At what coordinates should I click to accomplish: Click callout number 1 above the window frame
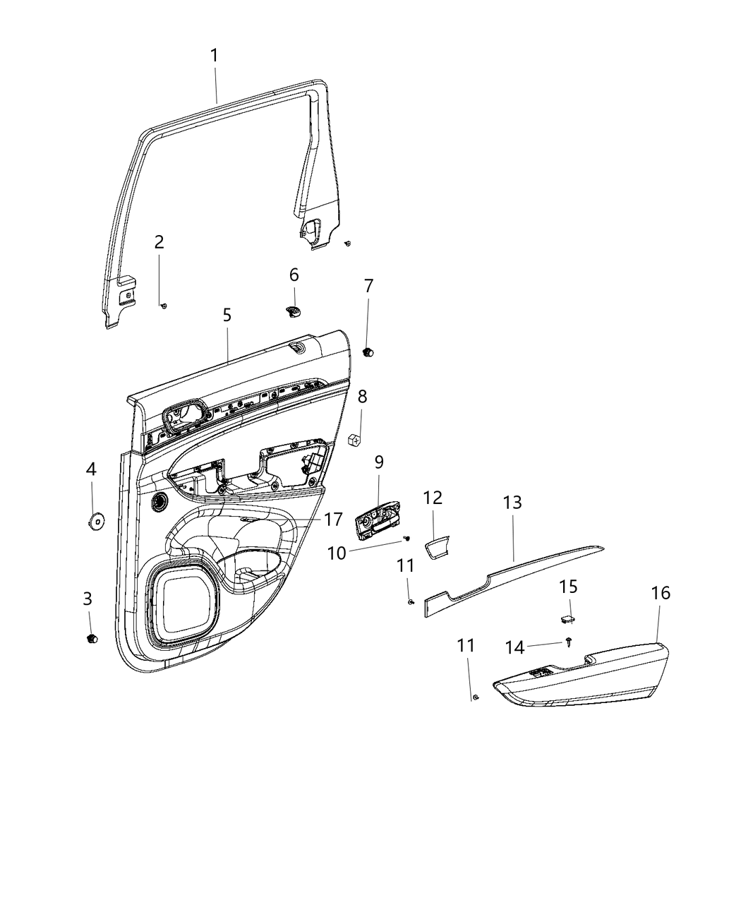click(x=214, y=55)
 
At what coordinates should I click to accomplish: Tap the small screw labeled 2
click(x=163, y=305)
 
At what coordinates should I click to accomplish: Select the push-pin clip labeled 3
click(x=90, y=638)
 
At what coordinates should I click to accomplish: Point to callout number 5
click(x=227, y=315)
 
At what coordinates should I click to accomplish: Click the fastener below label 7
click(x=368, y=352)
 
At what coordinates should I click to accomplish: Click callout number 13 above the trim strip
click(x=512, y=503)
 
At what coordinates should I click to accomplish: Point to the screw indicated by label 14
click(x=569, y=641)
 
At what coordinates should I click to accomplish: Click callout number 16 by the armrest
click(x=660, y=593)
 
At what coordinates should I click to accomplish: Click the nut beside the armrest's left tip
click(x=475, y=698)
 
